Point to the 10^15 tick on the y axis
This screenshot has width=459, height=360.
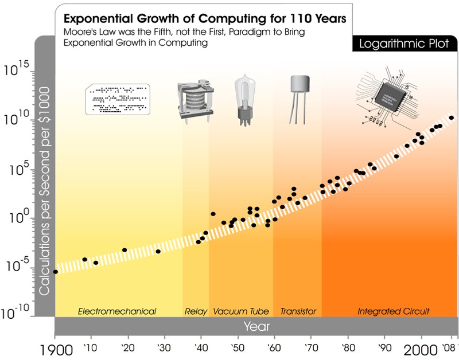point(19,72)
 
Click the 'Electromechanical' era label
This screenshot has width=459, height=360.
point(117,311)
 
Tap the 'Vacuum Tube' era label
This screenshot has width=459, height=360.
point(241,311)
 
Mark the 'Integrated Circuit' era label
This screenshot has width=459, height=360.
point(394,311)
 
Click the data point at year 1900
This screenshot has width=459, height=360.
point(56,272)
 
